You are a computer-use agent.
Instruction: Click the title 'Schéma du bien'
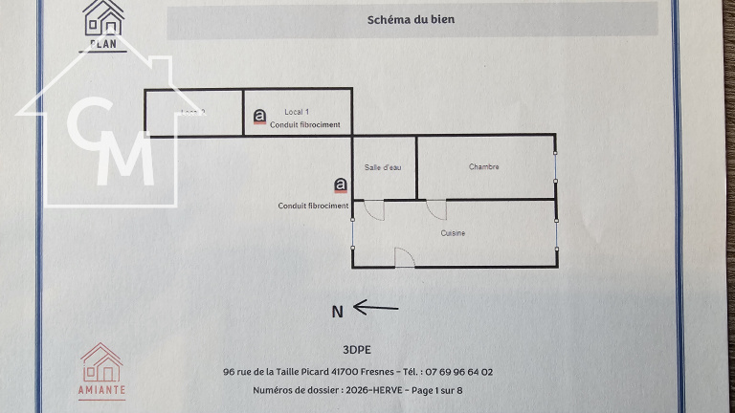pyautogui.click(x=412, y=19)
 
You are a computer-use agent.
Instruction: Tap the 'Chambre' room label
pyautogui.click(x=483, y=167)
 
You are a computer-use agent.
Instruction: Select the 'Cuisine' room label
pyautogui.click(x=453, y=233)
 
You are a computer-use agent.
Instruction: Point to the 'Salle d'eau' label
pyautogui.click(x=384, y=167)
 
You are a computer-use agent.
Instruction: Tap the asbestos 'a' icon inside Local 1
pyautogui.click(x=259, y=118)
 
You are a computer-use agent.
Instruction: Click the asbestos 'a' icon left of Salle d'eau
pyautogui.click(x=340, y=185)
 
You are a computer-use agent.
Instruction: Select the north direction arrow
pyautogui.click(x=375, y=307)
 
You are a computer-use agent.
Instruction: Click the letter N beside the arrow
pyautogui.click(x=337, y=311)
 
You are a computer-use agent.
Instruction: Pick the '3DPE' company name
pyautogui.click(x=355, y=349)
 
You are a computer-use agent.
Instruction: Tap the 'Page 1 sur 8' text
pyautogui.click(x=435, y=390)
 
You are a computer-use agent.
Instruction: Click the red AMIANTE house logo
pyautogui.click(x=101, y=371)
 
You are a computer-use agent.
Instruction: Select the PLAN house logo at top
pyautogui.click(x=102, y=23)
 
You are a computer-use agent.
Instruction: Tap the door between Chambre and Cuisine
pyautogui.click(x=436, y=209)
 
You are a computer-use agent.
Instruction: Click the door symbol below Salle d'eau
pyautogui.click(x=373, y=209)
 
